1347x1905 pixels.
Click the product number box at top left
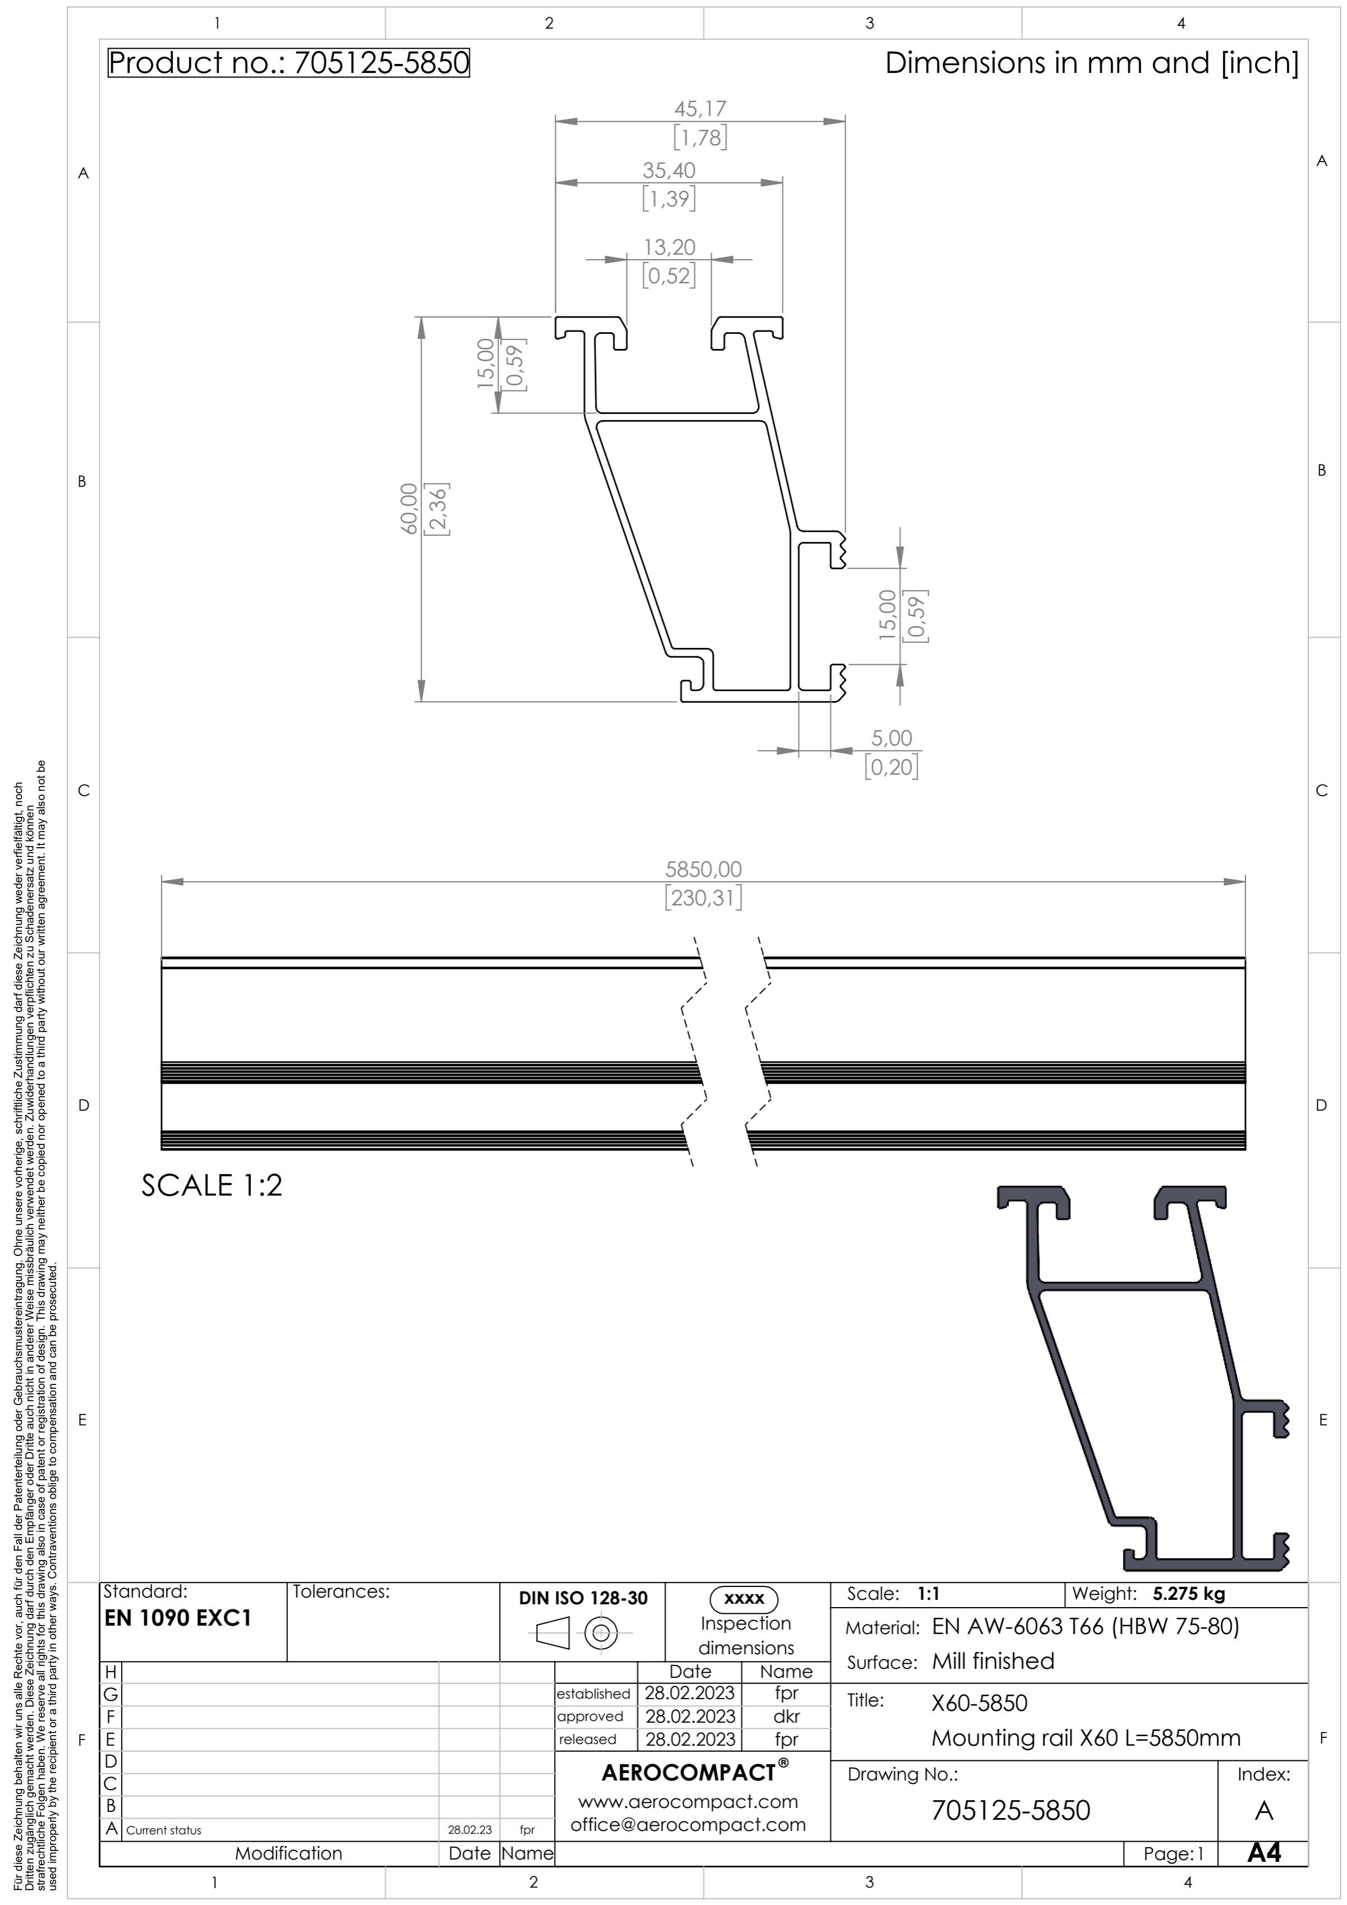point(289,63)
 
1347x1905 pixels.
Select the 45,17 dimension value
point(700,109)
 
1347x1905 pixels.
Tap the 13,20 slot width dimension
point(669,247)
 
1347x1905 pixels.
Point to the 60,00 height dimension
point(409,509)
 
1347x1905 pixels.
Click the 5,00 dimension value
point(891,738)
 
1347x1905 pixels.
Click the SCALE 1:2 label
point(212,1185)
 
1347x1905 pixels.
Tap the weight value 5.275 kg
point(1189,1593)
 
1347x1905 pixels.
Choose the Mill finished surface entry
point(993,1661)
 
